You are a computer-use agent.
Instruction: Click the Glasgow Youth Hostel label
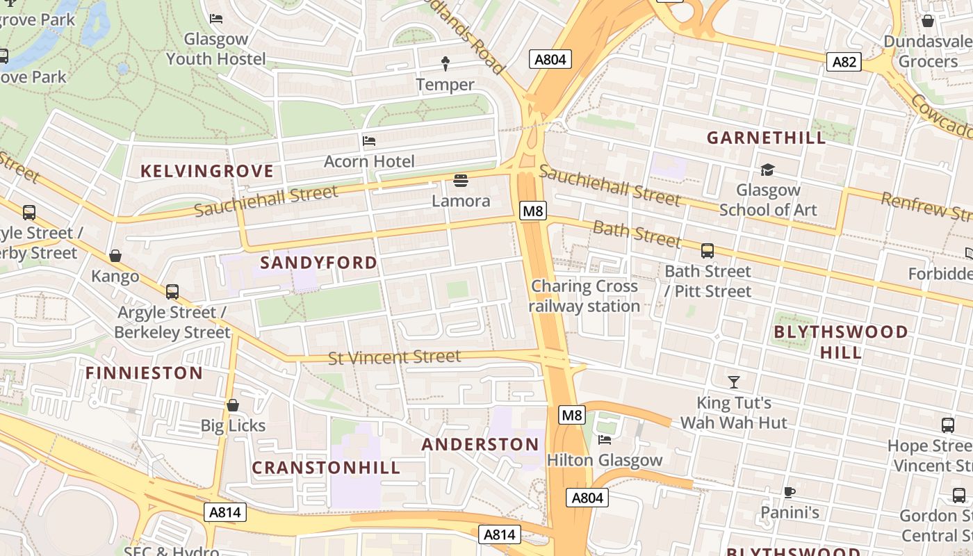[215, 49]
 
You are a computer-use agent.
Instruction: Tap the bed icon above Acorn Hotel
[369, 141]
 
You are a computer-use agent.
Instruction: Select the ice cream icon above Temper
[445, 64]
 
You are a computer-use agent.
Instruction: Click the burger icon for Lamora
[460, 181]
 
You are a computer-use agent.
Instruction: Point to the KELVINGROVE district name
[207, 171]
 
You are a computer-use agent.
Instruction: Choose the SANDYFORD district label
[319, 263]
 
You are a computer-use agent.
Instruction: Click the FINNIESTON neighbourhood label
[145, 373]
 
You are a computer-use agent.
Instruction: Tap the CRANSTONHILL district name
[326, 468]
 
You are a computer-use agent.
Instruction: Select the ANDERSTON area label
[480, 445]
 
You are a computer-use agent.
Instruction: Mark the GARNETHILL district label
[767, 138]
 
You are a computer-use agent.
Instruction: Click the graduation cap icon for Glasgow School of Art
[767, 170]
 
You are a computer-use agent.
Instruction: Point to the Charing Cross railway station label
[584, 296]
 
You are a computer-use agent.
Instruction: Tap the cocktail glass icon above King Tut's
[733, 382]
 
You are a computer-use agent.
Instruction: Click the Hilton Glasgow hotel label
[605, 460]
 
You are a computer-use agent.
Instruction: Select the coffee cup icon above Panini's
[789, 493]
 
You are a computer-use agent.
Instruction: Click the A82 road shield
[844, 62]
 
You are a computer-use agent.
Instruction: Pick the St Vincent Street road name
[394, 357]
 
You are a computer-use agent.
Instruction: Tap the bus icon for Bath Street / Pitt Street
[708, 251]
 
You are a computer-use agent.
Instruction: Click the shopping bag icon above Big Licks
[233, 405]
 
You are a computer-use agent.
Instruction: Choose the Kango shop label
[115, 276]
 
